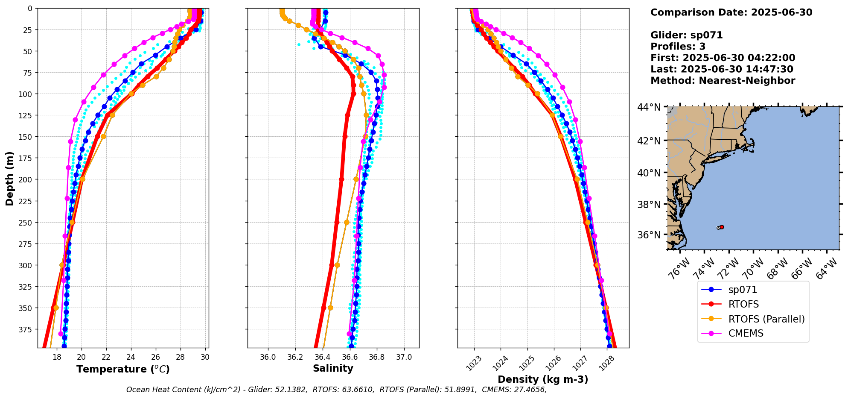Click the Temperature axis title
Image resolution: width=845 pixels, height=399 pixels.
pos(123,369)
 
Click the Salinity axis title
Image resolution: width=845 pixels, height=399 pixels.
pos(333,369)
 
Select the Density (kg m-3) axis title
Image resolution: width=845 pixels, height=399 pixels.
pos(543,379)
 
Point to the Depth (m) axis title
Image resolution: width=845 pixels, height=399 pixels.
pos(10,178)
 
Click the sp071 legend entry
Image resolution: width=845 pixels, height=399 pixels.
pos(743,290)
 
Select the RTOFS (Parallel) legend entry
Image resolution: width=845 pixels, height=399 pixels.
pos(766,319)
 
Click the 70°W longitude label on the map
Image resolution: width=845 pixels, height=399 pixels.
pos(753,269)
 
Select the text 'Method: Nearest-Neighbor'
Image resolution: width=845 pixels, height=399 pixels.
pos(723,81)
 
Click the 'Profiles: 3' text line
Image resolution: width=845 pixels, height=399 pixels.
pos(678,47)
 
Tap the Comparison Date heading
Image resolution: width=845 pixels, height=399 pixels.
pos(731,12)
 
